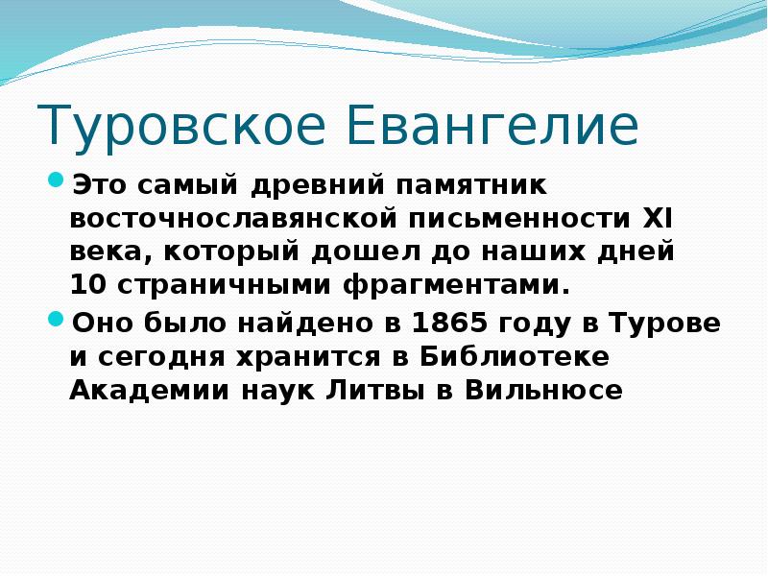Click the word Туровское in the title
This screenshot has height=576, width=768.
[x=180, y=126]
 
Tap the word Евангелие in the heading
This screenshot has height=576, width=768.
[x=492, y=125]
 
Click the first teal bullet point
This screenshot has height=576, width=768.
[x=56, y=180]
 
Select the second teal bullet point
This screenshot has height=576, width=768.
[x=56, y=320]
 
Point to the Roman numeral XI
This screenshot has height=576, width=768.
[x=658, y=219]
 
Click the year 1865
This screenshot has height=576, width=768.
[x=450, y=323]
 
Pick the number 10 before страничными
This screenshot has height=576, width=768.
[x=88, y=285]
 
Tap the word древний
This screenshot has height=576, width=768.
[x=318, y=185]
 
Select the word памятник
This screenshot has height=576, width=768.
[x=471, y=185]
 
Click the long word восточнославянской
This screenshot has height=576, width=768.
[x=233, y=219]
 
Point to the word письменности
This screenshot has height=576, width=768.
[x=519, y=219]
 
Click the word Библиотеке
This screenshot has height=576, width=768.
[x=515, y=356]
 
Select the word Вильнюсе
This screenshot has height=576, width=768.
[x=543, y=391]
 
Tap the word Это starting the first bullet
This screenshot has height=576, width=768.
[x=100, y=185]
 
